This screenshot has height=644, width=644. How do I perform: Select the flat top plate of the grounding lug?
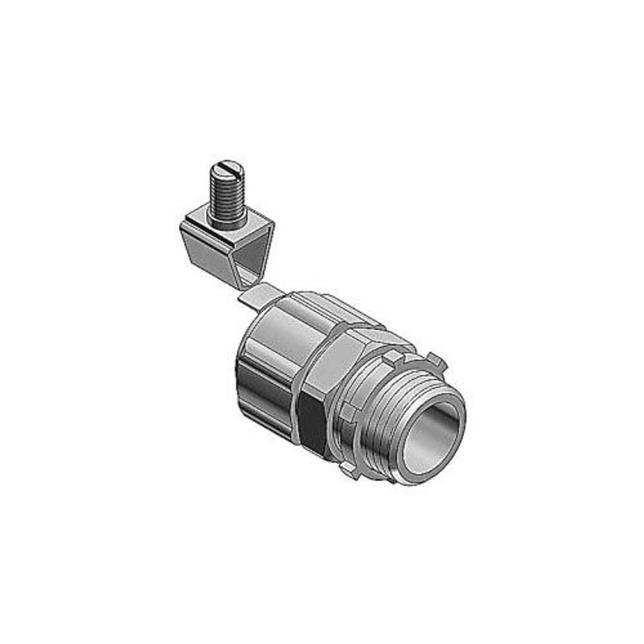click(211, 219)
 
